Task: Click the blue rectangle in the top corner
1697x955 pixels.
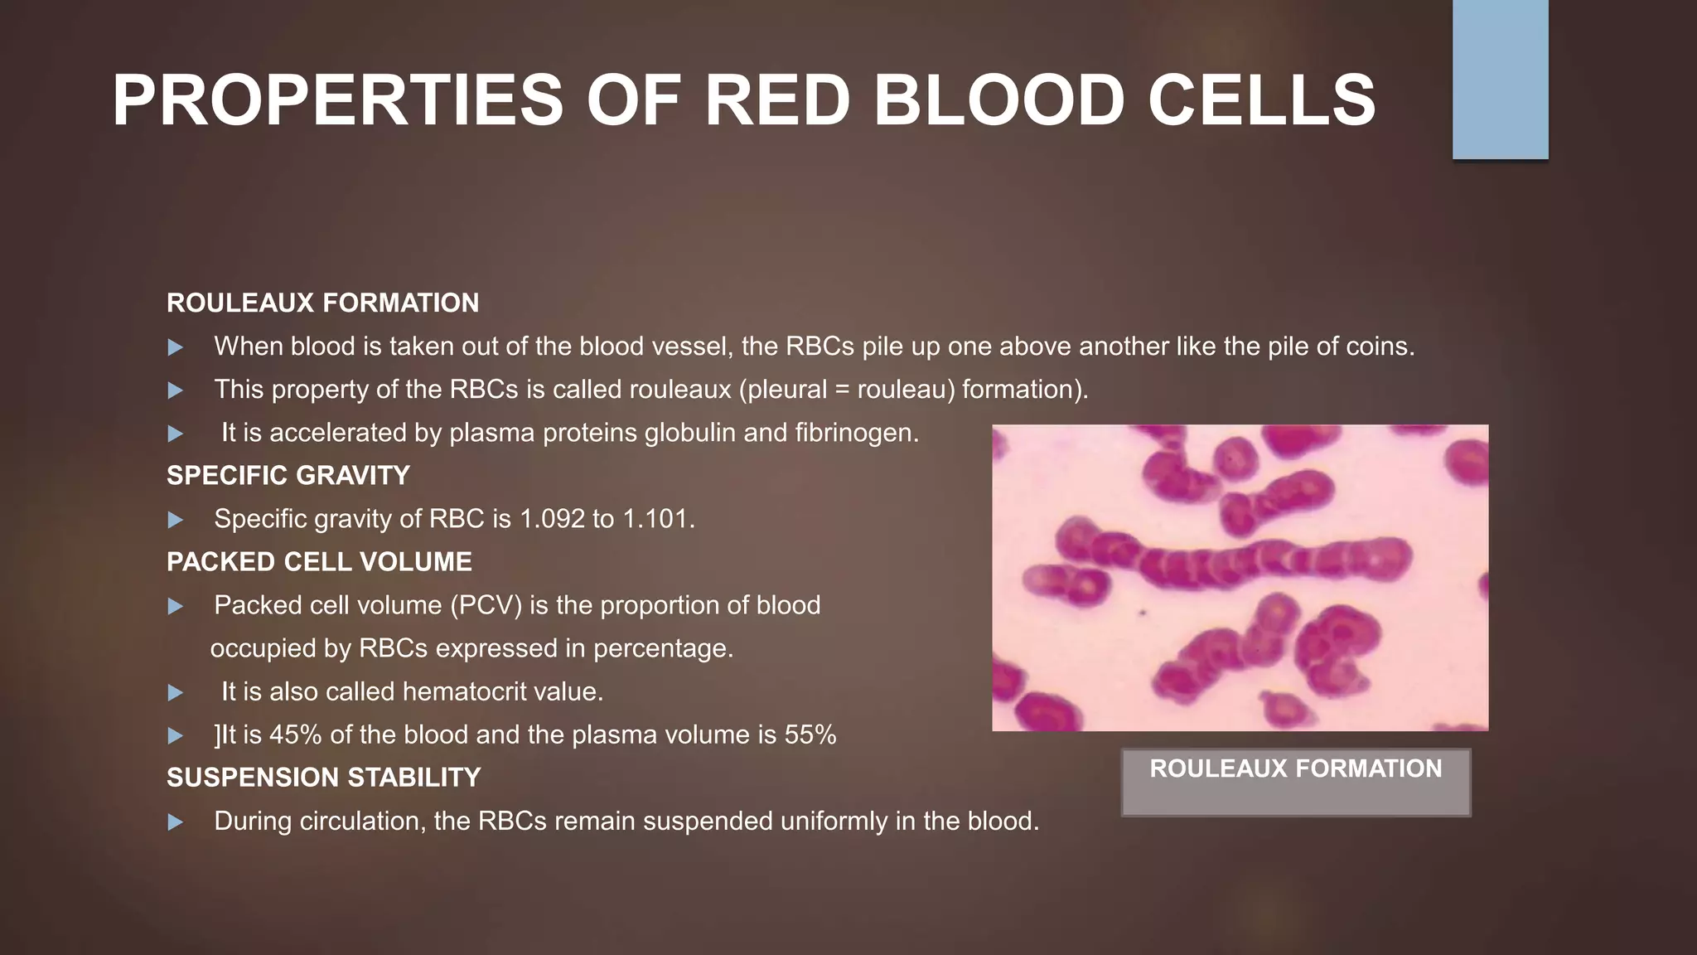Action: coord(1500,80)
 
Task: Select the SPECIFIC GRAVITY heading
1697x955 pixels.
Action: coord(288,476)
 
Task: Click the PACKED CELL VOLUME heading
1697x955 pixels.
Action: coord(319,562)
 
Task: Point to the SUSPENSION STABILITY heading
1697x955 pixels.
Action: coord(323,778)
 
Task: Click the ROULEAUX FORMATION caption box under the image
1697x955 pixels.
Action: coord(1296,782)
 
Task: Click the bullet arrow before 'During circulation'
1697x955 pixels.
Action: coord(175,822)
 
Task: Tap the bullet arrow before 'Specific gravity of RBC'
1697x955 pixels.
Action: coord(175,521)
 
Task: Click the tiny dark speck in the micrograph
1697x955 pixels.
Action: coord(1142,613)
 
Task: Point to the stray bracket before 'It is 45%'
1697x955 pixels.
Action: coord(217,735)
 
